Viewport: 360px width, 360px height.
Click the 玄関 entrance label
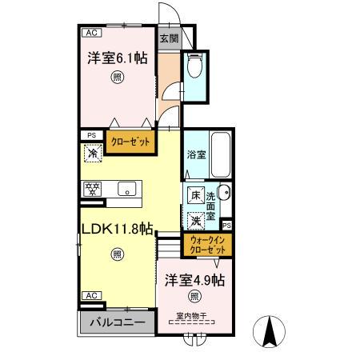(x=168, y=37)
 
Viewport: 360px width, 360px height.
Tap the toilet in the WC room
(x=194, y=67)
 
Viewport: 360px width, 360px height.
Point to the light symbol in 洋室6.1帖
(x=118, y=78)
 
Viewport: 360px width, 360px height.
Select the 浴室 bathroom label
(x=196, y=154)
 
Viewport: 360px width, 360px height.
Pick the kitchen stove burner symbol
(x=93, y=190)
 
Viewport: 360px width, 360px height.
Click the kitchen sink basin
(x=125, y=190)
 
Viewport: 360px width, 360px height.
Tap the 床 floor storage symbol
(x=195, y=195)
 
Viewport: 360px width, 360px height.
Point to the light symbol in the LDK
(x=117, y=254)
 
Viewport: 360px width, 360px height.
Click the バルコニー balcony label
(x=117, y=323)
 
